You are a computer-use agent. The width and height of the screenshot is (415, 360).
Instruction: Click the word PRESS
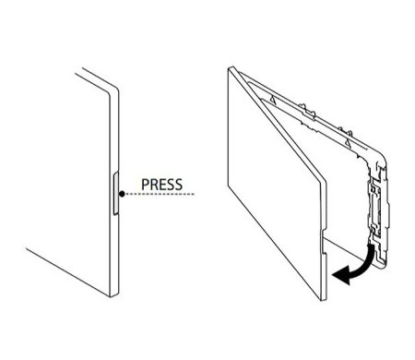point(161,185)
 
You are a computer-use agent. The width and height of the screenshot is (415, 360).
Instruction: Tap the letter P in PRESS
point(145,185)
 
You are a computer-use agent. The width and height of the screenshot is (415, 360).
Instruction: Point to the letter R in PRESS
point(153,185)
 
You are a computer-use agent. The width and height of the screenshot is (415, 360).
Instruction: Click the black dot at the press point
point(122,194)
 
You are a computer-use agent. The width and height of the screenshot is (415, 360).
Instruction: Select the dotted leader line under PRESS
point(160,194)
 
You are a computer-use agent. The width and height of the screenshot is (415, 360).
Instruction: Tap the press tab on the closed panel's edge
point(116,194)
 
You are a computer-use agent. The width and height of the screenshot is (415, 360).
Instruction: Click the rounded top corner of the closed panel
point(115,89)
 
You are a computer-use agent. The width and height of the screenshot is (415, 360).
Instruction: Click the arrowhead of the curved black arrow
point(341,275)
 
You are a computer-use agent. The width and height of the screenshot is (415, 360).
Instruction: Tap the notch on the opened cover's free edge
point(324,241)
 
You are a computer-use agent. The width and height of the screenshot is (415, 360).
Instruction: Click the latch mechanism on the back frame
point(378,210)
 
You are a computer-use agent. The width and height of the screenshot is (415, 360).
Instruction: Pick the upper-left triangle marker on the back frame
point(272,99)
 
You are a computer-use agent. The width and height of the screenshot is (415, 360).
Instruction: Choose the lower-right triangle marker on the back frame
point(348,142)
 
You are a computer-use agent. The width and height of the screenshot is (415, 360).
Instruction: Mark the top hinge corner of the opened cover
point(231,68)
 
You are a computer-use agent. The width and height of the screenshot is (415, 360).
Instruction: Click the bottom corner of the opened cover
point(324,298)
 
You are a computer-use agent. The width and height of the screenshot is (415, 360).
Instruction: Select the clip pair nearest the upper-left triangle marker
point(307,110)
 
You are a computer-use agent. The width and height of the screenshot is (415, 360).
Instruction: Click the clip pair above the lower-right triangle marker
point(345,130)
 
